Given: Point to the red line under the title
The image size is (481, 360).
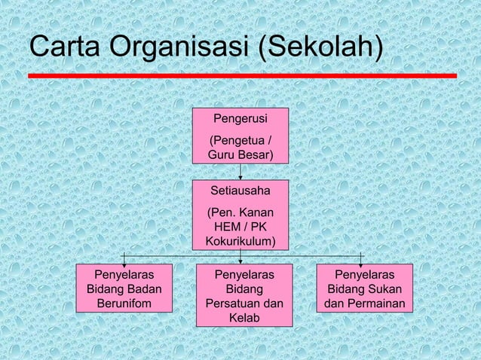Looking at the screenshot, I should click(242, 76).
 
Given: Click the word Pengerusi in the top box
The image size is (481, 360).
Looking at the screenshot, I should click(240, 118).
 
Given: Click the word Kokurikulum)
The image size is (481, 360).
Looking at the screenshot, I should click(240, 242).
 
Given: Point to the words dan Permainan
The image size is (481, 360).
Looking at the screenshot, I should click(365, 304).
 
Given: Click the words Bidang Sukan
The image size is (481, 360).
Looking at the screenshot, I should click(365, 290).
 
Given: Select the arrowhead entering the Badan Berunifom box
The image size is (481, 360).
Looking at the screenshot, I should click(123, 260).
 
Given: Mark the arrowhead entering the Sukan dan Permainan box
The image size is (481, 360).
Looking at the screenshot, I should click(362, 260).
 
